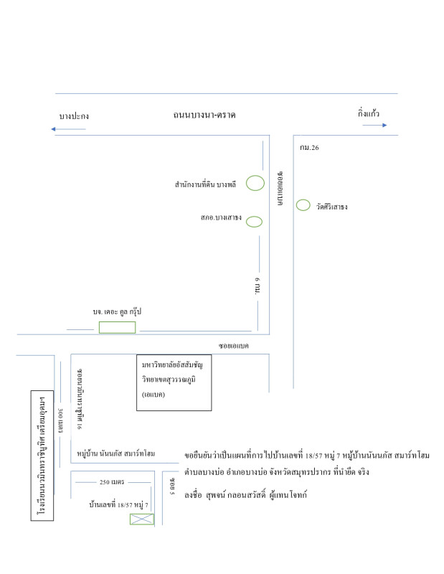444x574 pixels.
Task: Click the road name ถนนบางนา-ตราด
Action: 204,115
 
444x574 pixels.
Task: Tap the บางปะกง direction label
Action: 74,116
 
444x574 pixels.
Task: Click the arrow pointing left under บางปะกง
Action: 69,129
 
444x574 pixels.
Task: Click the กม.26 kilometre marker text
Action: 310,148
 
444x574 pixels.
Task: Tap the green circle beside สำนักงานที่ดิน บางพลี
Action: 255,183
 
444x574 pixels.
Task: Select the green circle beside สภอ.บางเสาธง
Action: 255,221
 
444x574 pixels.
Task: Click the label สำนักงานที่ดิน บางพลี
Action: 205,184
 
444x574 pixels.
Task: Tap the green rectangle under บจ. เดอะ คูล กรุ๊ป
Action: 117,327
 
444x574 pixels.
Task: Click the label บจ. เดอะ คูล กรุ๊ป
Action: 118,312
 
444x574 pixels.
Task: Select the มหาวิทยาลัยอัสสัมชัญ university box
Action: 174,382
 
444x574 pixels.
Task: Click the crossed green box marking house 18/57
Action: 141,519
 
